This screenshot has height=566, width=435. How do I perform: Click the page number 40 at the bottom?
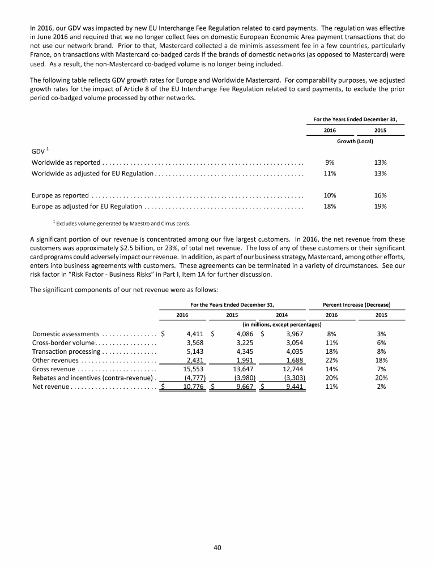[x=217, y=547]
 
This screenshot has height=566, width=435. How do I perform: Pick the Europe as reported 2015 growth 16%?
[x=381, y=196]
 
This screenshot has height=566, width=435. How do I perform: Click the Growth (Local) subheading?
[x=355, y=141]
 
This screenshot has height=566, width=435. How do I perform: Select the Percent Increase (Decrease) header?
[x=356, y=305]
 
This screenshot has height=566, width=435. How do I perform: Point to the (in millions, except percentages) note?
[x=282, y=324]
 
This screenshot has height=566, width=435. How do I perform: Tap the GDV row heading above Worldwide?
[x=39, y=152]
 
